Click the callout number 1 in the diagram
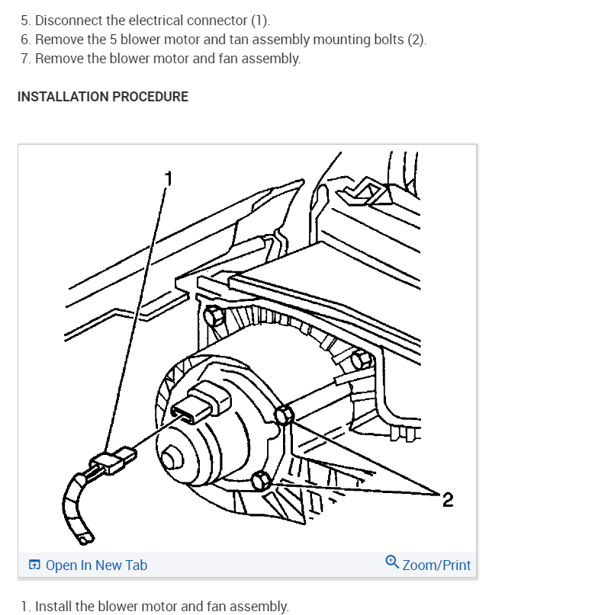[169, 178]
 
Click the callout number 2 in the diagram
[448, 499]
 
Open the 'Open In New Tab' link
[96, 565]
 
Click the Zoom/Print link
[436, 565]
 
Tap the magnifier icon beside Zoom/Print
[391, 562]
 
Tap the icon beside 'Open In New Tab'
[34, 565]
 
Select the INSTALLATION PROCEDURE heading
[103, 97]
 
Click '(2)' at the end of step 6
[415, 40]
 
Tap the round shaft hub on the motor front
[172, 458]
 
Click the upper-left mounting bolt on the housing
[213, 316]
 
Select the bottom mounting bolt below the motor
[261, 481]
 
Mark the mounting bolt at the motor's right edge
[284, 415]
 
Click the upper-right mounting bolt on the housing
[362, 359]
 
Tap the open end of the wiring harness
[85, 540]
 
